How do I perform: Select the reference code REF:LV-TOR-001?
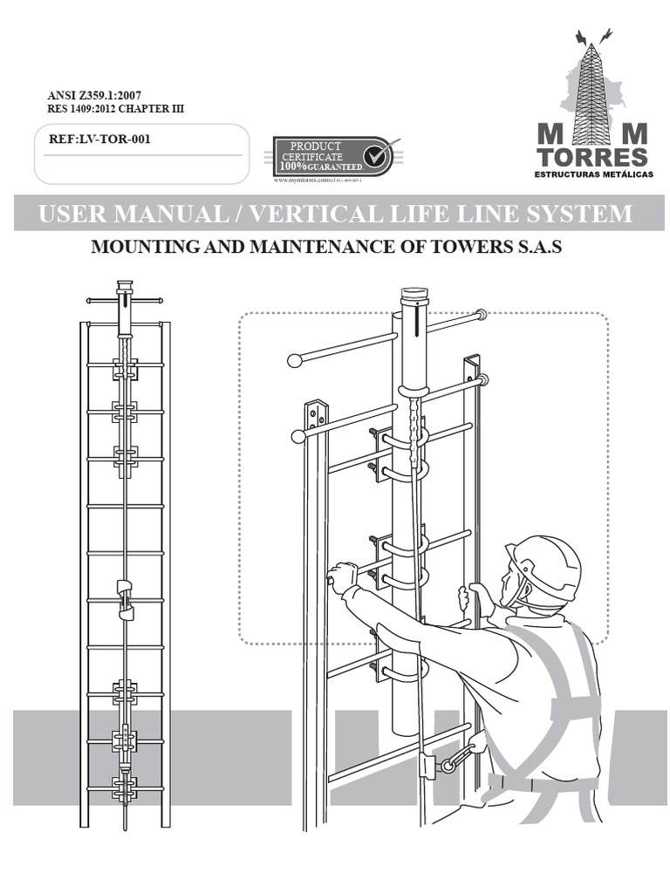[x=95, y=138]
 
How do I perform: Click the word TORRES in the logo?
[x=592, y=157]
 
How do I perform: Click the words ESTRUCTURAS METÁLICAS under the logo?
[x=592, y=175]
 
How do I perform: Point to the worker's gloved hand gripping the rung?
[x=342, y=577]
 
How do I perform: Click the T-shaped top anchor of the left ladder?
[x=125, y=299]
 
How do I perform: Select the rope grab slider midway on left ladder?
[x=125, y=596]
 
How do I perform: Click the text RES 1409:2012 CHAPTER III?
[x=115, y=109]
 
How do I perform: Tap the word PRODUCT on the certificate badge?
[x=315, y=146]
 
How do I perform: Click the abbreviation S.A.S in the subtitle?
[x=531, y=248]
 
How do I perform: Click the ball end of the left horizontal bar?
[x=294, y=358]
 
